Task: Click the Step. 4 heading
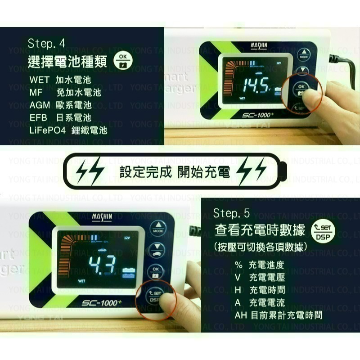pyautogui.click(x=46, y=44)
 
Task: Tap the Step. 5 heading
pyautogui.click(x=231, y=213)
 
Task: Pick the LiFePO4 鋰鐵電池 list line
pyautogui.click(x=68, y=130)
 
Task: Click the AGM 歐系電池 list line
pyautogui.click(x=60, y=105)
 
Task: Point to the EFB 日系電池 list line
pyautogui.click(x=60, y=118)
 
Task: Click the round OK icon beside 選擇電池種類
pyautogui.click(x=122, y=61)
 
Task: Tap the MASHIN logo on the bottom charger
pyautogui.click(x=102, y=217)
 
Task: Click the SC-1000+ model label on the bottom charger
pyautogui.click(x=100, y=303)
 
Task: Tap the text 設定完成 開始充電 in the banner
pyautogui.click(x=175, y=172)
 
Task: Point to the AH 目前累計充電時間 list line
pyautogui.click(x=278, y=315)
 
